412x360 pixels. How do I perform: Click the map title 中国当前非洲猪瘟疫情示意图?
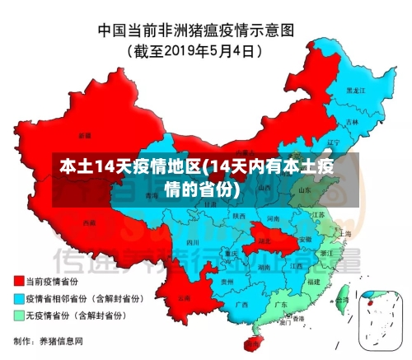click(x=207, y=30)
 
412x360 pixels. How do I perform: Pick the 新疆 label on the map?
click(x=85, y=134)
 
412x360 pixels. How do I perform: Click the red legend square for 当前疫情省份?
click(x=18, y=281)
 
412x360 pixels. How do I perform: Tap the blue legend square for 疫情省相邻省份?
click(x=18, y=297)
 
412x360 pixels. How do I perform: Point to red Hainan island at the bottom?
click(x=253, y=339)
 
